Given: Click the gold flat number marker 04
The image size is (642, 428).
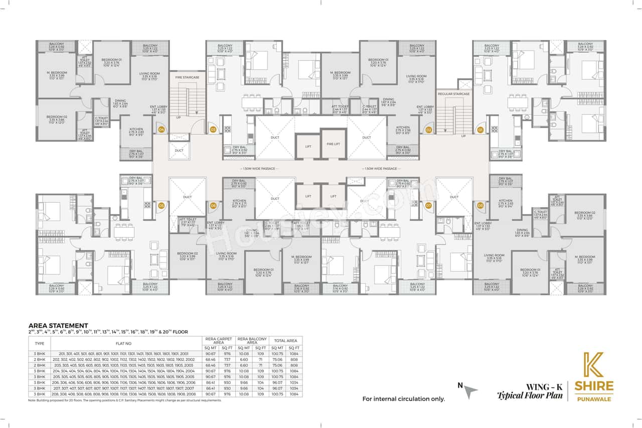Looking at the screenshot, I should (x=162, y=129).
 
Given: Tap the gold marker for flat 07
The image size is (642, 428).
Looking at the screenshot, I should (x=428, y=205).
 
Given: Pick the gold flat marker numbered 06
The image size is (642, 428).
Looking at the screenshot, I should (x=213, y=205).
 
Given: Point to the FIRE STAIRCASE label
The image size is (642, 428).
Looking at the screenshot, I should (x=187, y=77).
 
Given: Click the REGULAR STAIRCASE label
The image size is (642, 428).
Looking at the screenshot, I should (x=454, y=94).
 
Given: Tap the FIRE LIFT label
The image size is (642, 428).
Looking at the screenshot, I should (x=334, y=144).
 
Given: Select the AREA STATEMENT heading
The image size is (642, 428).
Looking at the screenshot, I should (x=58, y=325).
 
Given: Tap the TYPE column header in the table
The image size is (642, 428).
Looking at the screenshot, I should (x=39, y=343).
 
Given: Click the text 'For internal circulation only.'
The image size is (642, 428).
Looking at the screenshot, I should (x=404, y=399).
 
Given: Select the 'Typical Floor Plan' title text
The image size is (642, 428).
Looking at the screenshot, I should (x=532, y=395).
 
